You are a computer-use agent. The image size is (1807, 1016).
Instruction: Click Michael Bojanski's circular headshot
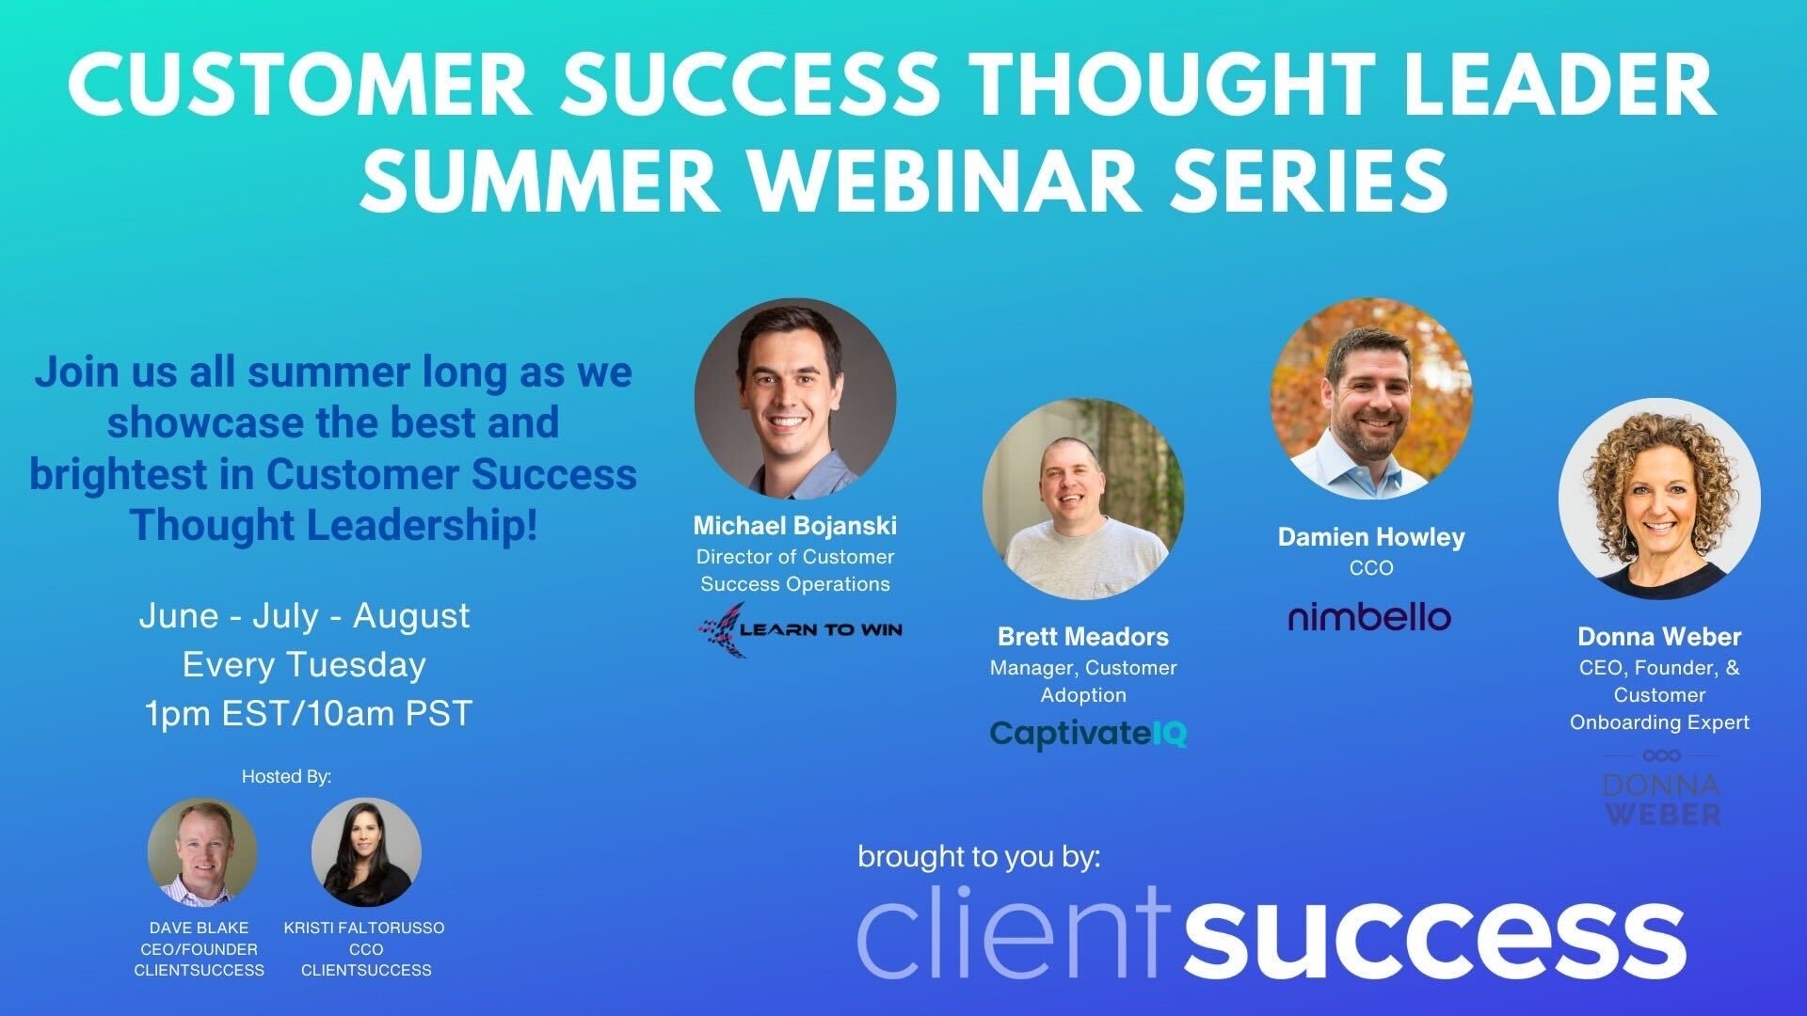[x=795, y=399]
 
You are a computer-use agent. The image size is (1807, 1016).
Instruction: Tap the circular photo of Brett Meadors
[x=1083, y=500]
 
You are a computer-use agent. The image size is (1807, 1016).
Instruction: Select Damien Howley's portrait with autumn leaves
[x=1371, y=399]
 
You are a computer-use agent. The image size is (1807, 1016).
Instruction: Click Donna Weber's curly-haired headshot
[x=1659, y=500]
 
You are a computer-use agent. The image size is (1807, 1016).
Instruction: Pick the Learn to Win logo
[x=800, y=628]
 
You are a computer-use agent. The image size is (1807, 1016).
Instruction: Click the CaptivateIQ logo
[x=1088, y=734]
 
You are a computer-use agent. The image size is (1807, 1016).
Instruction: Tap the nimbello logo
[x=1369, y=617]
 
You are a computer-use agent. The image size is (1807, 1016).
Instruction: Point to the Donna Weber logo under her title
[x=1661, y=790]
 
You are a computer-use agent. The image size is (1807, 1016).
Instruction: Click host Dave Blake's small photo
[x=202, y=851]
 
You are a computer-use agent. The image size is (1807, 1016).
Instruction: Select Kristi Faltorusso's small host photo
[x=366, y=851]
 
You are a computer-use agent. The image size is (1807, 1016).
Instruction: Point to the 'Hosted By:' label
[x=286, y=777]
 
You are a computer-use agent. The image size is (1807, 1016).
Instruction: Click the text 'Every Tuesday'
[x=304, y=665]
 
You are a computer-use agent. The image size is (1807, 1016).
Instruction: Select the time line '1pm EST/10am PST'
[x=308, y=714]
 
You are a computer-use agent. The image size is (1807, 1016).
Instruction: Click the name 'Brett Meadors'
[x=1083, y=637]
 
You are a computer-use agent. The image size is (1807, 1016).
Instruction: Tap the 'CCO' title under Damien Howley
[x=1371, y=568]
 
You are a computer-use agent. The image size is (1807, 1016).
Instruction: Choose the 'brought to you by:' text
[x=979, y=857]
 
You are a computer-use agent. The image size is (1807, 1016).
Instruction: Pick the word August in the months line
[x=411, y=616]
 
